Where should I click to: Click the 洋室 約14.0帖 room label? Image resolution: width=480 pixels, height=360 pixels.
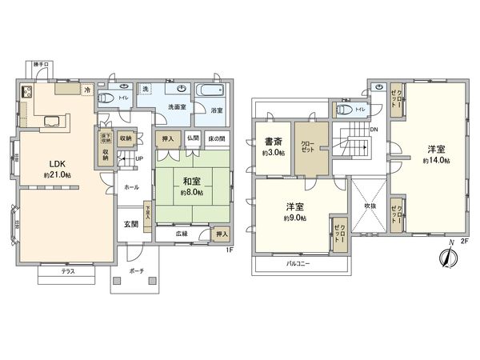click(x=437, y=150)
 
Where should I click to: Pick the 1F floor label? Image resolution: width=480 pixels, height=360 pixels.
click(x=228, y=250)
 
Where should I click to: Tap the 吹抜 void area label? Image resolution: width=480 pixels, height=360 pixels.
click(x=369, y=205)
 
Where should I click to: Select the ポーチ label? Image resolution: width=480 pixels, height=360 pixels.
click(x=136, y=272)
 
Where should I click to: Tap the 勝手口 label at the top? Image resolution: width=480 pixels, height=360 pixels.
click(x=41, y=64)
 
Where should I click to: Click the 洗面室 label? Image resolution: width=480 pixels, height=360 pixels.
click(x=177, y=106)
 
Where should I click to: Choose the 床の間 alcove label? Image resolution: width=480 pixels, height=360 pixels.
click(x=216, y=138)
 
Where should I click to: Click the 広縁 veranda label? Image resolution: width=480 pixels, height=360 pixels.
click(x=183, y=234)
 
